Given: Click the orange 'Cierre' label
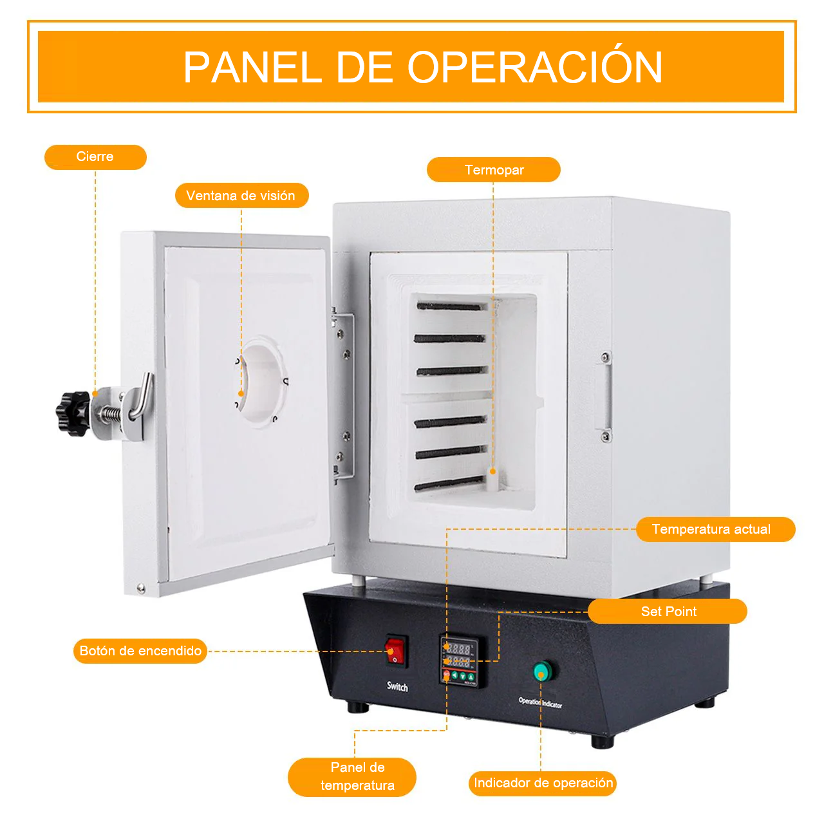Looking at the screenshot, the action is [95, 157].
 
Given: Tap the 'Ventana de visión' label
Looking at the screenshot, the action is [241, 196].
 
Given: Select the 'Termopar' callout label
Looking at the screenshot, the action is [494, 170].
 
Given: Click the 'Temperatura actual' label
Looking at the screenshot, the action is [715, 529].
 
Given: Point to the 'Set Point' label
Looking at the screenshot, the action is [668, 611].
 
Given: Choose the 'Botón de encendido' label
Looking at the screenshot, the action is [140, 651].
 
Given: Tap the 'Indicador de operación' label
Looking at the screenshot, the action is [543, 783].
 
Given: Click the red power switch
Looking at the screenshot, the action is [396, 651].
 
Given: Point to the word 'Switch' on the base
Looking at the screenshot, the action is [397, 687].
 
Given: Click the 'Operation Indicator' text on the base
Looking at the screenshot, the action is [540, 702].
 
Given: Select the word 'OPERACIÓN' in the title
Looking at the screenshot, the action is [534, 68].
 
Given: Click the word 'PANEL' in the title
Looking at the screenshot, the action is [252, 68].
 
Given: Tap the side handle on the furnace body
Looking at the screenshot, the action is [605, 397].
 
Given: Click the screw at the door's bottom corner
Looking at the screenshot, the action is [140, 588].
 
